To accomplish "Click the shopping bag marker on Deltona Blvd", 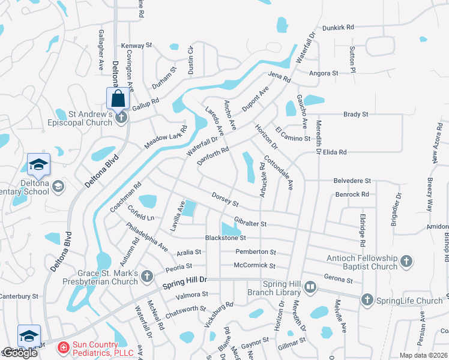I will coord(118,98).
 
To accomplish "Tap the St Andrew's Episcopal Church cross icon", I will coord(121,118).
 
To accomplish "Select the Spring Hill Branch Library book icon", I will coord(310,287).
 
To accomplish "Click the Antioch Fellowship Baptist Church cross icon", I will coord(406,261).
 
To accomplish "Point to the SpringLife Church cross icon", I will coord(366,299).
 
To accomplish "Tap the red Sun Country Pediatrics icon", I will coord(62,347).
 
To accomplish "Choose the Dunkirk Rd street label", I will coord(338,27).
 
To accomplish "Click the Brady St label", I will coord(355,114).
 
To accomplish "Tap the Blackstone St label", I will coord(225,238).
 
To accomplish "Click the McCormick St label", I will coord(255,265).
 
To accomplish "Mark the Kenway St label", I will coord(137,46).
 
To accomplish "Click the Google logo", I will coord(20,353).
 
